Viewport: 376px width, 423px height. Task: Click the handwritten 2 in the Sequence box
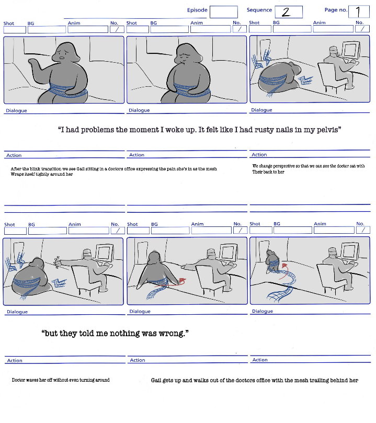tap(286, 12)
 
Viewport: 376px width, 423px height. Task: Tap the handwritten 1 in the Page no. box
tap(358, 12)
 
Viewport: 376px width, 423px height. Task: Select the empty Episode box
tap(224, 12)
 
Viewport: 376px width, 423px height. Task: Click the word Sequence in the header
tap(259, 10)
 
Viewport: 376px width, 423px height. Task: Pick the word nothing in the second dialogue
tap(124, 334)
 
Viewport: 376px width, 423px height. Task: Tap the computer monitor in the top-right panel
tap(351, 49)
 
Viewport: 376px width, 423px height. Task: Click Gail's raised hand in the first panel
tap(32, 63)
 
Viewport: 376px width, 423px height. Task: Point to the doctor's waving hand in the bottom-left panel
tap(57, 262)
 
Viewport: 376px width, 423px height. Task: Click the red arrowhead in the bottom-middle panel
tap(183, 281)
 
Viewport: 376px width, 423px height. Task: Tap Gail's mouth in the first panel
tap(62, 57)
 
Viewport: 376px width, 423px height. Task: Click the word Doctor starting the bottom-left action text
tap(18, 380)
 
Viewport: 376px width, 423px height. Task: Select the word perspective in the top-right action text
tap(283, 166)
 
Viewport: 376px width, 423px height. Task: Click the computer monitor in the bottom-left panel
tap(104, 253)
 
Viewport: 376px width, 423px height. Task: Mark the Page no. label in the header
tap(336, 10)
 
